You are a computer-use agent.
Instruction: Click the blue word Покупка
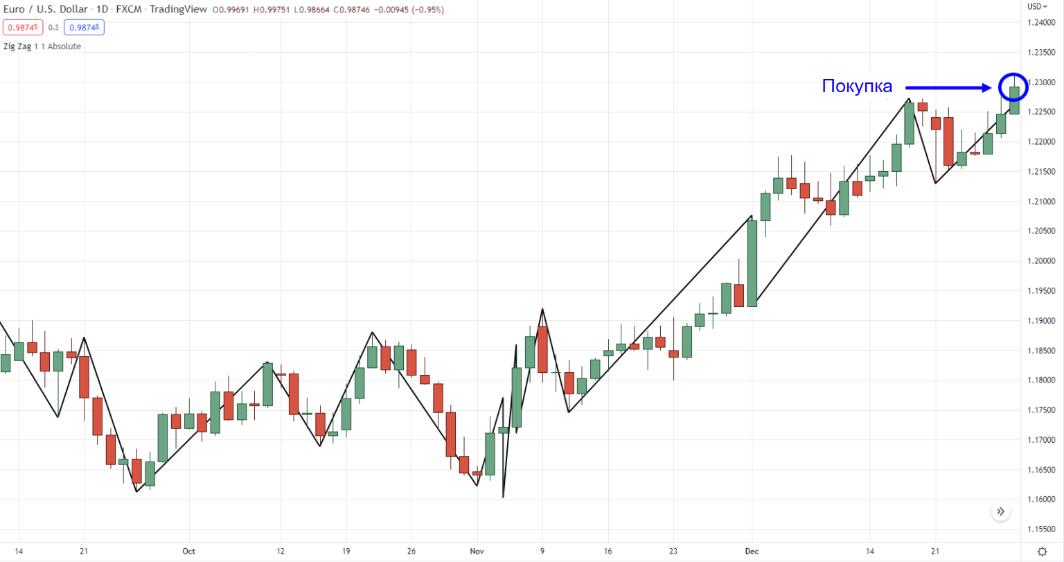[857, 87]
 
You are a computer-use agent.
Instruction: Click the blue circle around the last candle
[1013, 87]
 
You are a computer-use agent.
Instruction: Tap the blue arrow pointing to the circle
[949, 88]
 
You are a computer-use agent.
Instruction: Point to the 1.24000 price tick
[1041, 23]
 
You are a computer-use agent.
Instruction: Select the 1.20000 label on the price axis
[1041, 261]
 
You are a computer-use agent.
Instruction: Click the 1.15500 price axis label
[1041, 529]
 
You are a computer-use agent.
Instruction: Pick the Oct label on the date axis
[188, 552]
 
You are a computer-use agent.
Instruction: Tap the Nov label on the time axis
[477, 552]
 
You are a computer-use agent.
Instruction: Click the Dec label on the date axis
[752, 552]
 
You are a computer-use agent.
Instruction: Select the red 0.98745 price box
[23, 28]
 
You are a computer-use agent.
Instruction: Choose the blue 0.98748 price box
[84, 28]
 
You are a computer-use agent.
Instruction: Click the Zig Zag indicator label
[42, 46]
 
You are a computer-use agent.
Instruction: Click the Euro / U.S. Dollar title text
[46, 10]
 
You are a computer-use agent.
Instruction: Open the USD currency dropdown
[1037, 6]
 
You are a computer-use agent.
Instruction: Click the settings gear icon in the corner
[1042, 552]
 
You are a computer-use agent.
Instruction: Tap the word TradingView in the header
[177, 10]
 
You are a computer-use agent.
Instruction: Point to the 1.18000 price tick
[1041, 380]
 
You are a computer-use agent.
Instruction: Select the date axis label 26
[411, 552]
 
